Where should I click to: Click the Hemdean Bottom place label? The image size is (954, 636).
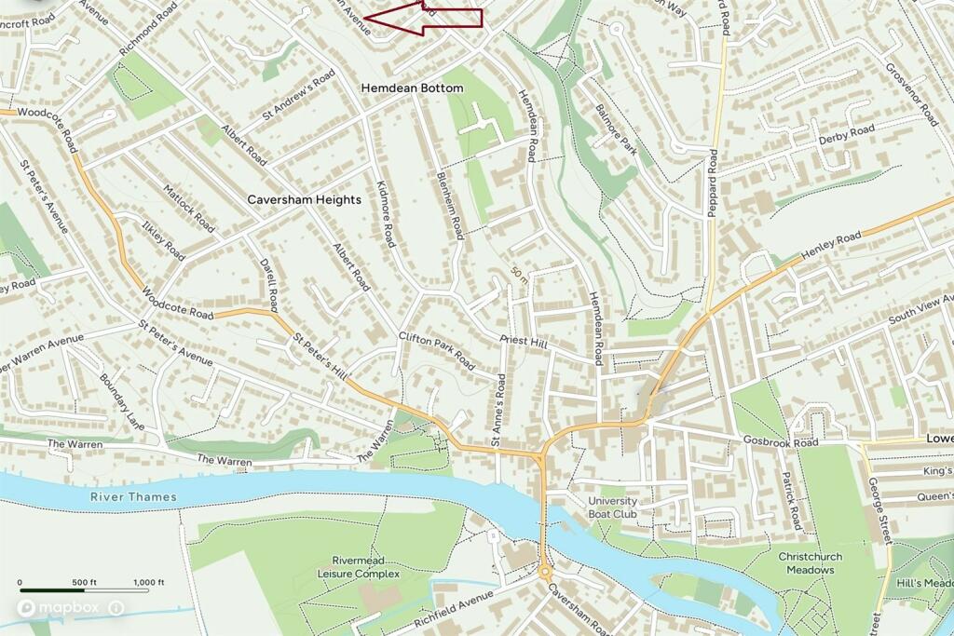coord(411,88)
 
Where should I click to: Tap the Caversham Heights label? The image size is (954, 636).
coord(304,199)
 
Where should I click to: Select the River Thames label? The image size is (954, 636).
coord(133,497)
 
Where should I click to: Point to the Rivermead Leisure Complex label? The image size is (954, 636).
coord(366,567)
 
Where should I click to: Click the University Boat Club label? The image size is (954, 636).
coord(612,507)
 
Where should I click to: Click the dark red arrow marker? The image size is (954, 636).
coord(424,18)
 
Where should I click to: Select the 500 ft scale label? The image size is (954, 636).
coord(82,583)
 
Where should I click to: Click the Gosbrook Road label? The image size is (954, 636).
coord(780,441)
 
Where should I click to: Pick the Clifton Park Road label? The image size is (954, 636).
coord(436,351)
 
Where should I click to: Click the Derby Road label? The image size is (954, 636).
coord(846,134)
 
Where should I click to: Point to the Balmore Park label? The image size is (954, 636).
coord(616,133)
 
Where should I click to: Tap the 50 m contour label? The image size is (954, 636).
coord(520,275)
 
